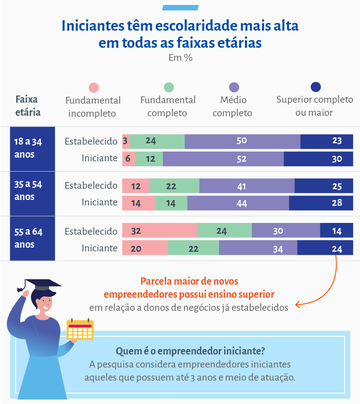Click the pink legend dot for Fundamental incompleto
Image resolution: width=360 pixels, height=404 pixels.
pos(94,88)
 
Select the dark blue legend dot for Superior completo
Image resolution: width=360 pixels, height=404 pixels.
pos(315,87)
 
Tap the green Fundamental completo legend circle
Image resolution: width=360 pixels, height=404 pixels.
pos(169,87)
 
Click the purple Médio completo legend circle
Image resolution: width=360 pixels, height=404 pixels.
pos(234,87)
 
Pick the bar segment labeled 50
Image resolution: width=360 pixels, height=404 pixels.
pos(242,141)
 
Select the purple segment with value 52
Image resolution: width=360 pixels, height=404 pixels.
pos(223,159)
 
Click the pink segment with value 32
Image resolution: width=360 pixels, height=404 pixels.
pos(159,231)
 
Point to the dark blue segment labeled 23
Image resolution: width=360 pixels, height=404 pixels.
pos(327,141)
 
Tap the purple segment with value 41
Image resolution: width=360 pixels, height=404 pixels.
pos(247,186)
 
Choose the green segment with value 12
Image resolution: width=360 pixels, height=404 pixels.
pos(149,159)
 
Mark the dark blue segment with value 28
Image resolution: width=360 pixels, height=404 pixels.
pos(321,203)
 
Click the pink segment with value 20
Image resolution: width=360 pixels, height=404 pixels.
pos(145,248)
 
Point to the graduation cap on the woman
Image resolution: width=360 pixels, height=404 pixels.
pos(41,285)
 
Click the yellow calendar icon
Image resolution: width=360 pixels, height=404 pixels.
pos(80,330)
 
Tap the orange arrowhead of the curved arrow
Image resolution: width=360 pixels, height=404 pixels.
pos(297,305)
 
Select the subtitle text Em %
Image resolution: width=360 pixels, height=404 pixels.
pos(180,58)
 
